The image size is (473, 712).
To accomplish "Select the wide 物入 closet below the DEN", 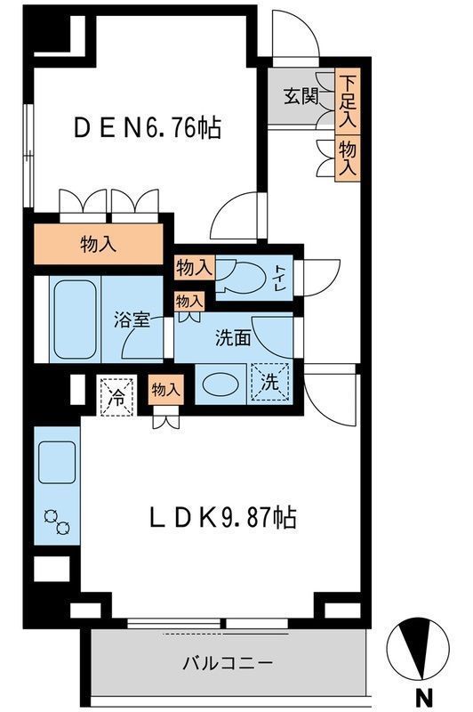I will (x=98, y=245).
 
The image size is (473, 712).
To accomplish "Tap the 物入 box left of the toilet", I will (x=194, y=267).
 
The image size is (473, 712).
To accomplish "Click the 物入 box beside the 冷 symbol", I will (x=166, y=389).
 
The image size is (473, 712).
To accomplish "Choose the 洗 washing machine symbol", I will (x=269, y=384).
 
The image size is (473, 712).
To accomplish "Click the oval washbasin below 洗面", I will (x=219, y=385).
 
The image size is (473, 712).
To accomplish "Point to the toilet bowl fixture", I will (x=240, y=277).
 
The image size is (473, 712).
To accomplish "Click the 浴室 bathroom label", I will (x=132, y=320).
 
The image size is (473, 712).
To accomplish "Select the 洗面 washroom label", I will (x=234, y=338).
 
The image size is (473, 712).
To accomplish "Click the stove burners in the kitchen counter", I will (x=56, y=523).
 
